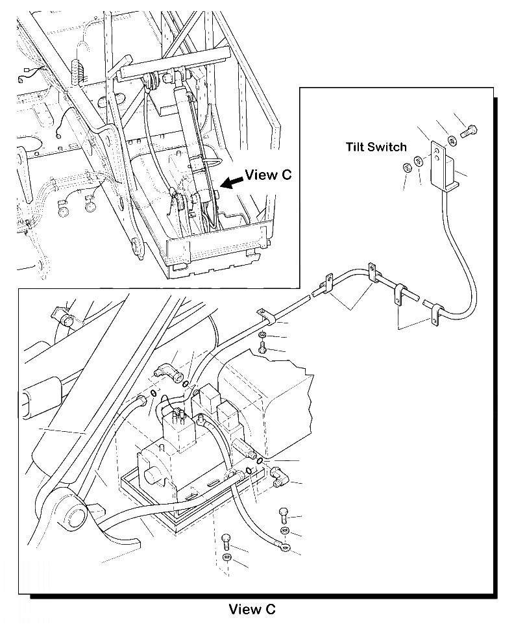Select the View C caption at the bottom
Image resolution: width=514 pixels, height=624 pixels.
coord(252,609)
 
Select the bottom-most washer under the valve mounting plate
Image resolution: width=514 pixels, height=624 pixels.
coord(227,558)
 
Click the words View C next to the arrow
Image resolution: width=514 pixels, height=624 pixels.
coord(268,175)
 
